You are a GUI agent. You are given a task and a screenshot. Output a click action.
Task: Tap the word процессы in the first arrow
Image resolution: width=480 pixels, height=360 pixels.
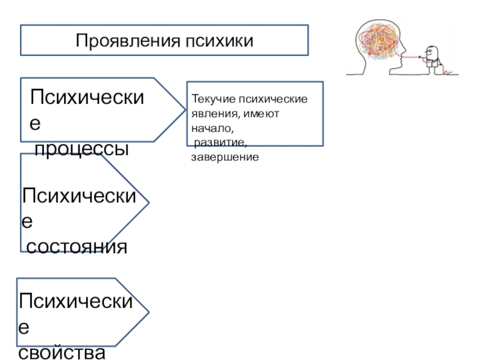[82, 149]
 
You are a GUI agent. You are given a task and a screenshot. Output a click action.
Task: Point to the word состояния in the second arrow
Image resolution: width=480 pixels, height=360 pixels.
[76, 246]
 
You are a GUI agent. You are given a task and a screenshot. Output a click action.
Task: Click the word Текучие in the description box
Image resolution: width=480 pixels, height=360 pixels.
[212, 99]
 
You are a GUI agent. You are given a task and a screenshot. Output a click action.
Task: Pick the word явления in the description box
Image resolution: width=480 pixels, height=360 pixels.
[211, 113]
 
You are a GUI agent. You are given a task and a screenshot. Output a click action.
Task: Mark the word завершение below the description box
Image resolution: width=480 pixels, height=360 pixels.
[224, 157]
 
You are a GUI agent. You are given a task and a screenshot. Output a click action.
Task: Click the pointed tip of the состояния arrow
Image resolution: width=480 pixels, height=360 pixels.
[148, 202]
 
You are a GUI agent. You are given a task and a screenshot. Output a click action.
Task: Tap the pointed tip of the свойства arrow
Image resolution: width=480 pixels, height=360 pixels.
[148, 312]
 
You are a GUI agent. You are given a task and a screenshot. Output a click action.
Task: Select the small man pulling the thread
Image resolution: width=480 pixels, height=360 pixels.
[430, 58]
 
